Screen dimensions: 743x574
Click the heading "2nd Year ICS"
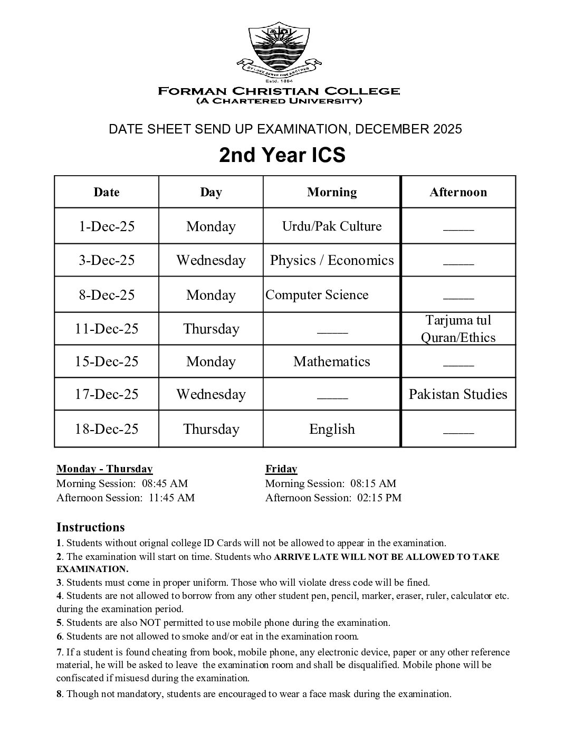click(282, 155)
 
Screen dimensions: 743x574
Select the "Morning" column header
click(332, 192)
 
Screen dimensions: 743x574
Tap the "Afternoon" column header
click(458, 192)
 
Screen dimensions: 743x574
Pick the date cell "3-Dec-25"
click(107, 260)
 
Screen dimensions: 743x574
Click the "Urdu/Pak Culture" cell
click(332, 226)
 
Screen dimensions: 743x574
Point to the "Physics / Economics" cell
click(332, 260)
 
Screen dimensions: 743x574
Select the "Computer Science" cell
click(317, 294)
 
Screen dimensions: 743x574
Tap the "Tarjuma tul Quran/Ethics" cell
click(458, 329)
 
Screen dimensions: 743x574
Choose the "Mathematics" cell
click(332, 361)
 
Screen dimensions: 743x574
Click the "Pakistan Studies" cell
click(458, 394)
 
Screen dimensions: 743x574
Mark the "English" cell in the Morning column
click(332, 429)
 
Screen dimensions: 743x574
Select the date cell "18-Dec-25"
click(107, 429)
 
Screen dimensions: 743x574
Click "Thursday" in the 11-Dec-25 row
click(211, 329)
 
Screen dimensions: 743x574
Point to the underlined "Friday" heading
click(281, 469)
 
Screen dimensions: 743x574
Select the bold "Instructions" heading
click(91, 527)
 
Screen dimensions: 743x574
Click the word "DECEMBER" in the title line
click(392, 129)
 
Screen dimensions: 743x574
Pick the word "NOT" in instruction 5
click(149, 623)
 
